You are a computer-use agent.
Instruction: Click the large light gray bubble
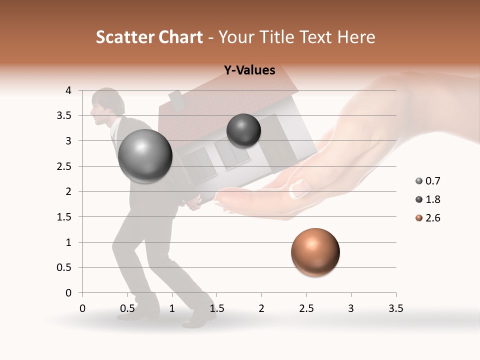145,156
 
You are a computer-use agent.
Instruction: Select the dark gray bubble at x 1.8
243,130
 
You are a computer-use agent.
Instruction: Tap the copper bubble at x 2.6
315,252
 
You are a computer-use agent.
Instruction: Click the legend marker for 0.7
418,181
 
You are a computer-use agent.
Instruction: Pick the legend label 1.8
432,199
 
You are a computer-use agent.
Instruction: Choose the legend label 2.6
432,218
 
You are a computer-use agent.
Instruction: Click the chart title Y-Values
249,70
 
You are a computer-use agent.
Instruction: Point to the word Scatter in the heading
121,37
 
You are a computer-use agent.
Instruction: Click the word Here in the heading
356,37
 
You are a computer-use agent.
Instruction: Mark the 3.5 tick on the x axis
395,308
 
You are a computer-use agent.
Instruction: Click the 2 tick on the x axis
261,308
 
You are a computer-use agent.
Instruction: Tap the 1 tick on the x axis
172,308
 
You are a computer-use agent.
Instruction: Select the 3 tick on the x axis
351,308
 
